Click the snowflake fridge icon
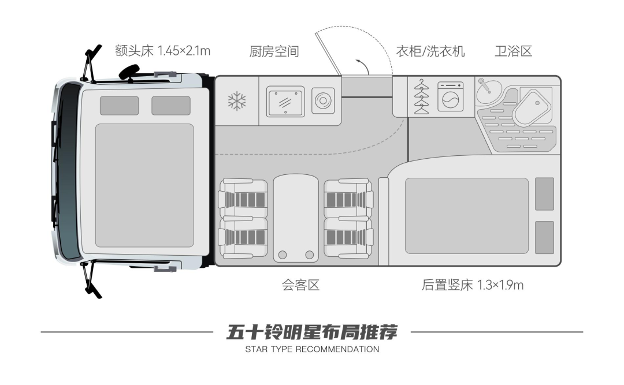pos(237,101)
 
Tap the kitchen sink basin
pos(285,102)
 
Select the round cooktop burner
pos(322,101)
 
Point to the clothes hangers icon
pos(422,96)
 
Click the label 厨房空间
pos(274,51)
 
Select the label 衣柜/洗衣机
pos(430,51)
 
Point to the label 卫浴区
pos(513,51)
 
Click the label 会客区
pos(300,285)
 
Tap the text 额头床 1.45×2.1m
pos(162,51)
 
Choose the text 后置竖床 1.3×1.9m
pos(473,285)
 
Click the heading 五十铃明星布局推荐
pos(312,332)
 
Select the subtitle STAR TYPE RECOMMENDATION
pos(312,349)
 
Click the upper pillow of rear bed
pos(544,194)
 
